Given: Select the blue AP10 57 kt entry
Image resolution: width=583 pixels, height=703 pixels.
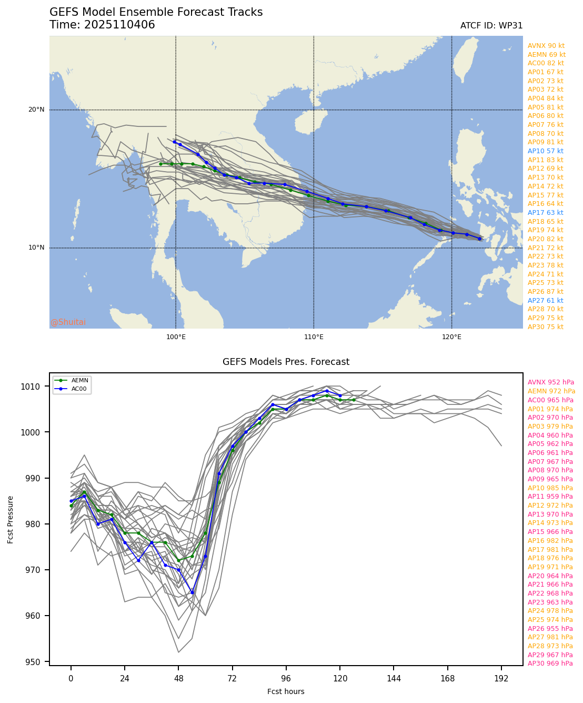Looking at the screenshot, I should point(545,151).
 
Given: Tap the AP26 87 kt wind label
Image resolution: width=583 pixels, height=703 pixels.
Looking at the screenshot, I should point(545,292).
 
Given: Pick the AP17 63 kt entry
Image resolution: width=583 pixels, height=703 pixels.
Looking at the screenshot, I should point(545,213).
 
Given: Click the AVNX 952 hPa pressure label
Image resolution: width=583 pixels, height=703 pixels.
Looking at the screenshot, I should point(550,382).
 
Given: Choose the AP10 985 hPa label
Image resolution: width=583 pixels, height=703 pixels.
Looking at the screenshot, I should point(550,488).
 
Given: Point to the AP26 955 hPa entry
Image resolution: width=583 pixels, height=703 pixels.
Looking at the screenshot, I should point(550,629).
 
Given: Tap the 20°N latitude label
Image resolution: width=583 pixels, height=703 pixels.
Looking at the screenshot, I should point(36,110).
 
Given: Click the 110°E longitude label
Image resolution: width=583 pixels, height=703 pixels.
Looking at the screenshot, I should point(314,337).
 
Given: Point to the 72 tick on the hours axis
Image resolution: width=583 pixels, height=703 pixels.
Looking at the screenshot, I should point(233,679).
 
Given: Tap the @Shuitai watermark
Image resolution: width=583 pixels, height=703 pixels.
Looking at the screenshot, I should point(68,322).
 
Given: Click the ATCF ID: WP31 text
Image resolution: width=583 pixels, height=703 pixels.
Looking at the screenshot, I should point(491,26).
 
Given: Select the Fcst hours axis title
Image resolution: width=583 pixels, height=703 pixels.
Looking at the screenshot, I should point(286,691).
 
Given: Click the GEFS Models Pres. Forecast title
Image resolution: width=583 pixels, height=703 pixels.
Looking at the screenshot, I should point(286,362).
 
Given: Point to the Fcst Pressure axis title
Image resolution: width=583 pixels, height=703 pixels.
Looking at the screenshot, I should point(11,519).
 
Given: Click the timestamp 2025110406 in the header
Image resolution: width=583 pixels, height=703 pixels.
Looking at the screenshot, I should point(119,25).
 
